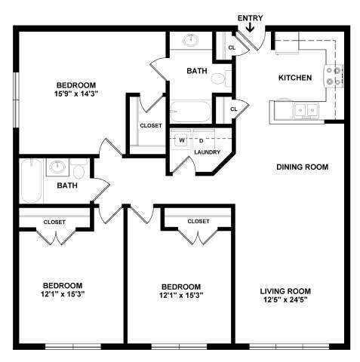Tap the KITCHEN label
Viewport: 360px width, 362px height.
tap(295, 78)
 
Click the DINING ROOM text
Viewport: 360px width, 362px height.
tap(302, 167)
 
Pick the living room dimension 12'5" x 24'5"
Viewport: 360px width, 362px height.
tap(285, 299)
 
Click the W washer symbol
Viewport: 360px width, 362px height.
tap(182, 140)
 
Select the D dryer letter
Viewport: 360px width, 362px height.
tap(201, 140)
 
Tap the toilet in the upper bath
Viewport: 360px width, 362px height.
tap(219, 77)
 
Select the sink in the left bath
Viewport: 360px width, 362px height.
tap(58, 168)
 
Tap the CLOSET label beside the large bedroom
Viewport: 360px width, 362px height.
tap(150, 125)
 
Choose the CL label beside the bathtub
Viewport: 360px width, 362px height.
tap(233, 109)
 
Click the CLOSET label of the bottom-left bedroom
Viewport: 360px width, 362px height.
tap(54, 222)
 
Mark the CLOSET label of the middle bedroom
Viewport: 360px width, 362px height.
tap(198, 221)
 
